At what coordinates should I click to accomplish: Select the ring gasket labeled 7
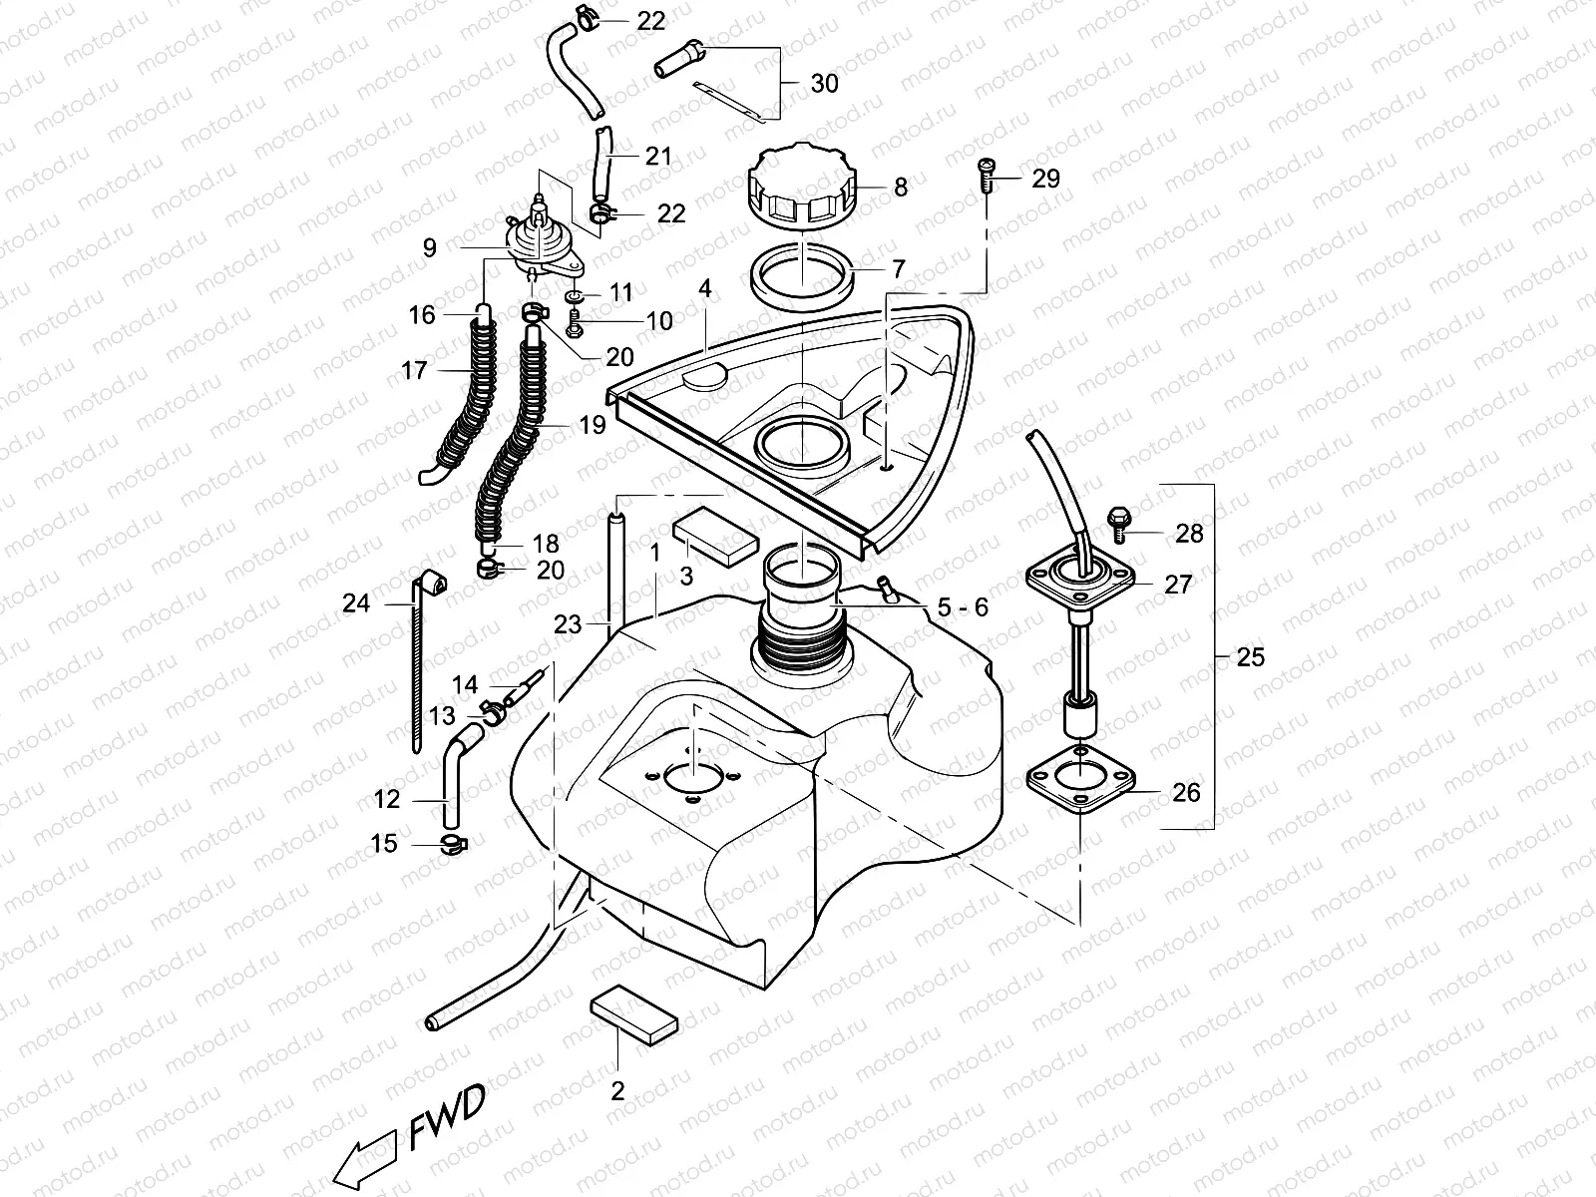coord(805,276)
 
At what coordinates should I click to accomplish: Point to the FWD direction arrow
coord(363,1156)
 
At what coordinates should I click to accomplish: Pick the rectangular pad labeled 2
coord(634,1014)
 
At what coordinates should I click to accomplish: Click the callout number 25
coord(1249,657)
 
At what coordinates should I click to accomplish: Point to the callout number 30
coord(824,84)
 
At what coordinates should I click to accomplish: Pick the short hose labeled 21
coord(602,163)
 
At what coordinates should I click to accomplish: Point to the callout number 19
coord(592,426)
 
